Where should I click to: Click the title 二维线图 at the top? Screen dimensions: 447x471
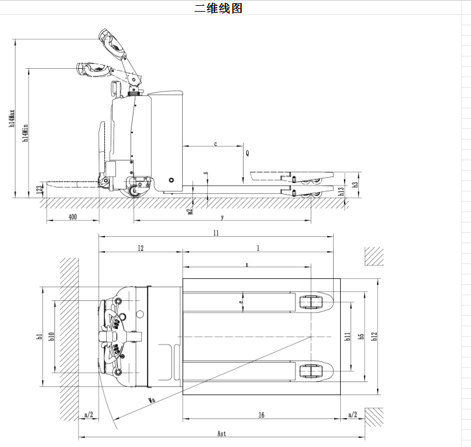point(218,8)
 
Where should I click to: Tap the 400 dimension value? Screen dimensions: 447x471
point(72,217)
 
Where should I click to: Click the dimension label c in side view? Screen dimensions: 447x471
point(215,144)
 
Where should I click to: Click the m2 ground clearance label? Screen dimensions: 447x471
point(190,209)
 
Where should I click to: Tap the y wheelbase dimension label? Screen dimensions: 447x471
point(222,217)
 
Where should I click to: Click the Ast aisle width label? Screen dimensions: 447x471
point(222,434)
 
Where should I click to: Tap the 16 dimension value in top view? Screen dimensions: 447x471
point(260,415)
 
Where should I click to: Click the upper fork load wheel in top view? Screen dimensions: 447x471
point(312,303)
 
